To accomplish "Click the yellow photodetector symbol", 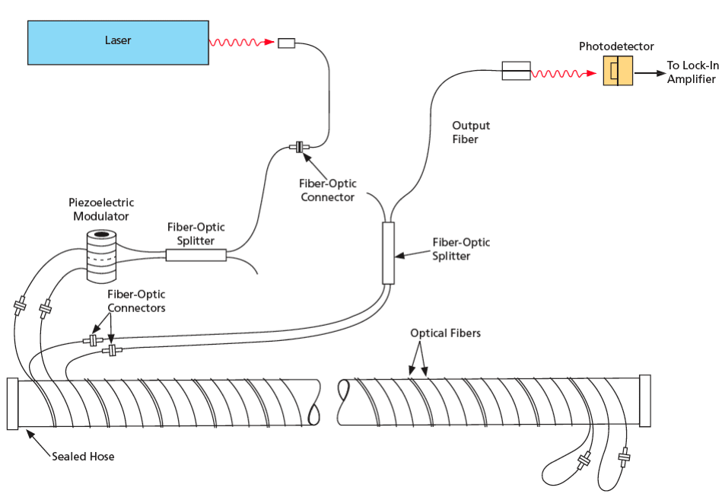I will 618,71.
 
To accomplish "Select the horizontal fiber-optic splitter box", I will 196,256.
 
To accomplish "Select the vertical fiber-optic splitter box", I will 388,253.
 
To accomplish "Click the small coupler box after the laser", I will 286,43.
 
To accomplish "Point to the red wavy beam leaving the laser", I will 242,43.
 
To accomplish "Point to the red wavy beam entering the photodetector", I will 562,74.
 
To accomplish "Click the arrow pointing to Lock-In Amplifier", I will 648,73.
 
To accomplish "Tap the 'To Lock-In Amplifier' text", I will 691,72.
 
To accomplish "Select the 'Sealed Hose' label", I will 83,457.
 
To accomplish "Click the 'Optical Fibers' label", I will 445,333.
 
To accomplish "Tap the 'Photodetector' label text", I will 616,46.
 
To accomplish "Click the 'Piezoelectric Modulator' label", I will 101,209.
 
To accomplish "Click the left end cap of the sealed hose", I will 12,403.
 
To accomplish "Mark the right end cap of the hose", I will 645,400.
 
